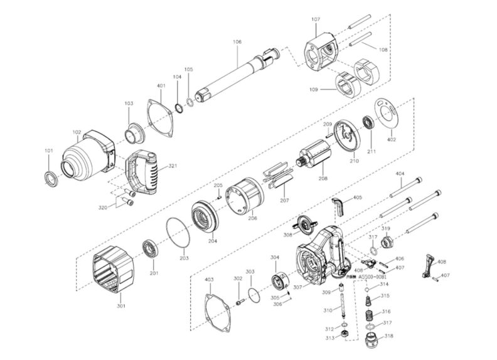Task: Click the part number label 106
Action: pyautogui.click(x=237, y=42)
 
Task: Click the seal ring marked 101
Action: pyautogui.click(x=50, y=177)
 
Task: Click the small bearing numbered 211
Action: pyautogui.click(x=370, y=122)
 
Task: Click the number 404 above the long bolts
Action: pyautogui.click(x=399, y=172)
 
